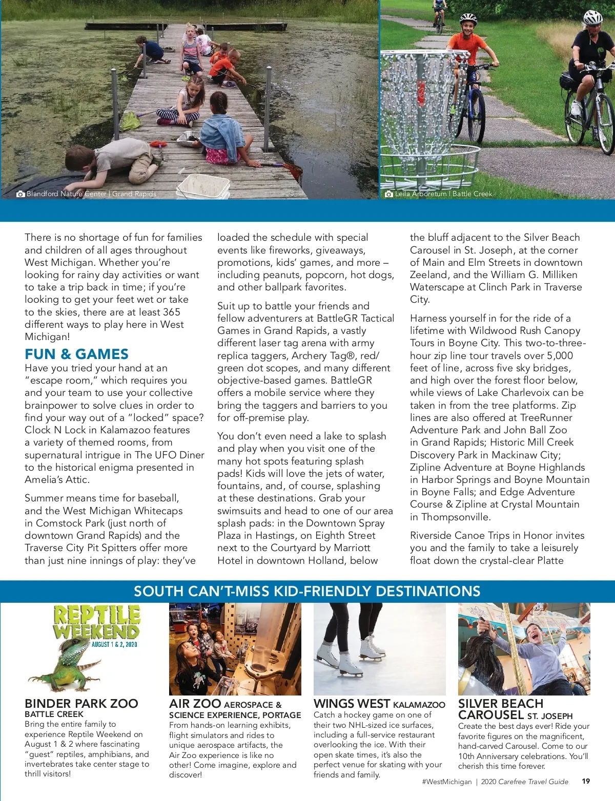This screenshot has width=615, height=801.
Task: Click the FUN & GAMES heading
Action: pos(77,354)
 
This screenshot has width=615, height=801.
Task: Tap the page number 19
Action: pos(586,781)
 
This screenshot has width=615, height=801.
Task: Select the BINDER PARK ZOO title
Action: pos(81,703)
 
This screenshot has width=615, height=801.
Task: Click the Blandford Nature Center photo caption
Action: pos(91,194)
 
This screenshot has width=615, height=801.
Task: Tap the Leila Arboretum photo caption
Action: pos(443,194)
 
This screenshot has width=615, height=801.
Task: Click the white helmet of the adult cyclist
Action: pos(593,18)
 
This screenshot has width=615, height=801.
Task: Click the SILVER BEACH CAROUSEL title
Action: pos(500,709)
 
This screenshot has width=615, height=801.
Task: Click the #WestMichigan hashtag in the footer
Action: pos(446,782)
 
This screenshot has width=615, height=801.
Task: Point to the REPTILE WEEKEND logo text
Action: pos(97,622)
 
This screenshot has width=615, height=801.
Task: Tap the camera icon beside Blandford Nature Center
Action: pos(20,194)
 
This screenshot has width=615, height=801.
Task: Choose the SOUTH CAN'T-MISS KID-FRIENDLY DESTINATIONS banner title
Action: pos(307,591)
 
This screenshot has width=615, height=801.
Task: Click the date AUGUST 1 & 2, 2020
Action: pos(114,644)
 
